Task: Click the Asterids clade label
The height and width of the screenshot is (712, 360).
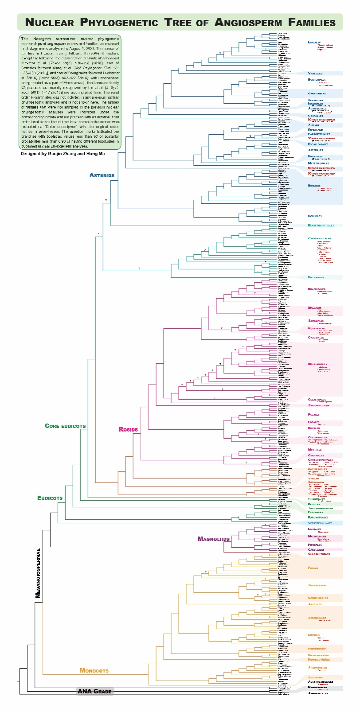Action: pyautogui.click(x=102, y=175)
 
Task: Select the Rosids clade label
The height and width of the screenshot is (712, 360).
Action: pyautogui.click(x=128, y=429)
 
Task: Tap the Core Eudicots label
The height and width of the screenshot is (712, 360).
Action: pyautogui.click(x=65, y=426)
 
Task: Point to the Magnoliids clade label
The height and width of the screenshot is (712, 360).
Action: pyautogui.click(x=213, y=539)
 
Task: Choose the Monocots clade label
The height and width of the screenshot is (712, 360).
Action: pyautogui.click(x=94, y=670)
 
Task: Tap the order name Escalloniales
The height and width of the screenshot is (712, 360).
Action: pyautogui.click(x=318, y=144)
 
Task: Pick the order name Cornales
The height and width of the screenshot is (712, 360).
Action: pyautogui.click(x=315, y=216)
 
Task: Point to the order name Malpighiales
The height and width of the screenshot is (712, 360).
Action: pyautogui.click(x=317, y=364)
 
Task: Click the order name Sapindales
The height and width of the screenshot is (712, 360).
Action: pyautogui.click(x=316, y=321)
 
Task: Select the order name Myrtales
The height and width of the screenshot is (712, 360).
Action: pyautogui.click(x=315, y=450)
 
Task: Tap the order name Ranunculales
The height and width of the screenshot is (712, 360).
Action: pyautogui.click(x=318, y=517)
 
